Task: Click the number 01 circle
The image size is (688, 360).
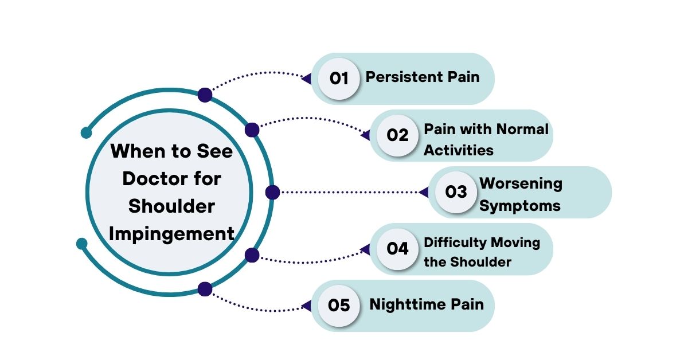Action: (339, 79)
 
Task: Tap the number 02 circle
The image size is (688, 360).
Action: (397, 135)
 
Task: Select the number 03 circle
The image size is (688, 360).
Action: (456, 192)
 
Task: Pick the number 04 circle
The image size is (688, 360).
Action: (397, 249)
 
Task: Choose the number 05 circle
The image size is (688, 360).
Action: (339, 306)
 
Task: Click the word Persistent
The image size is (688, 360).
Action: (405, 77)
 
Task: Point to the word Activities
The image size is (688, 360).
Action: (459, 150)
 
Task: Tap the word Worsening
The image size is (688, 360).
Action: (521, 184)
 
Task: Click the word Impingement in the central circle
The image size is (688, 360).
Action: (171, 234)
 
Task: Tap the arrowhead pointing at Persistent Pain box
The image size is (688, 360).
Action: (306, 79)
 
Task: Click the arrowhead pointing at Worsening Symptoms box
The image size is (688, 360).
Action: (424, 192)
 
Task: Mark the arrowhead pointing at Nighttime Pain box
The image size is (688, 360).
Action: (306, 306)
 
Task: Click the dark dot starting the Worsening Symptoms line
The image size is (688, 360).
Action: (272, 193)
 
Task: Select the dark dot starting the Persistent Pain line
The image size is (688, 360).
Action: (205, 95)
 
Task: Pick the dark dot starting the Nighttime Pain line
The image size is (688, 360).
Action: (205, 289)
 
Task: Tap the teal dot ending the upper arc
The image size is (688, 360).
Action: (87, 133)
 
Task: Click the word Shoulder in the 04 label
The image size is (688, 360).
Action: (481, 263)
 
